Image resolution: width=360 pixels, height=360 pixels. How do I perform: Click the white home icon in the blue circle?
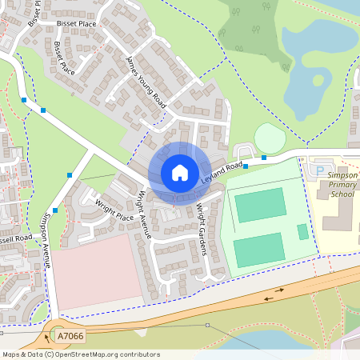tap(180, 173)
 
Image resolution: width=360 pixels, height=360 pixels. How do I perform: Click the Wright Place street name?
tap(114, 210)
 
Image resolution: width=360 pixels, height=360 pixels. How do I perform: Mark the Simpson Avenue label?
tap(46, 240)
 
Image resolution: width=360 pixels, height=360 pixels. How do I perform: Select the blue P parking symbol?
tap(322, 170)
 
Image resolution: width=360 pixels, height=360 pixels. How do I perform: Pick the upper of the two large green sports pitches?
tap(259, 206)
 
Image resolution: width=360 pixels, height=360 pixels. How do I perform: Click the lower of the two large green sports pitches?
tap(258, 250)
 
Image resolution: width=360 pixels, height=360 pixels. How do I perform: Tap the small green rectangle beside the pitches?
tap(302, 232)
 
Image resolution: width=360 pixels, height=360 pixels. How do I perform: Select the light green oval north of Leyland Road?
tap(270, 138)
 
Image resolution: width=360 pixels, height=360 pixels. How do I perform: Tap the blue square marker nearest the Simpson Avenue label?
tap(55, 210)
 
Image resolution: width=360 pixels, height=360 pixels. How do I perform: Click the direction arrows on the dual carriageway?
tap(273, 298)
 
